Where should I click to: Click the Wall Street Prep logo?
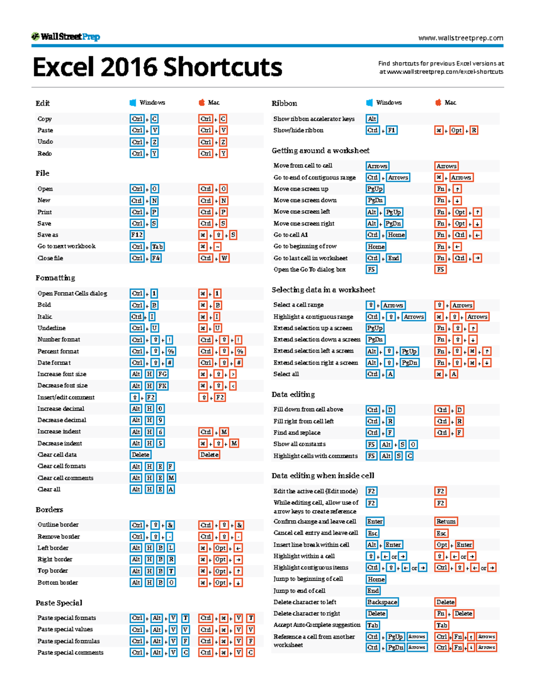coord(66,37)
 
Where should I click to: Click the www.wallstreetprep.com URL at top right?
coord(461,38)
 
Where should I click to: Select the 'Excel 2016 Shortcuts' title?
coord(157,67)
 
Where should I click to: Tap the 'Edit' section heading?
coord(43,104)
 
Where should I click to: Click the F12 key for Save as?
coord(137,235)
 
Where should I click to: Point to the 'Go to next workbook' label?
coord(66,246)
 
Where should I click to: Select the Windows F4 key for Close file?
coord(156,258)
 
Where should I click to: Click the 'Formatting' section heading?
coord(55,278)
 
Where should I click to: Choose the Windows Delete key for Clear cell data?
coord(140,455)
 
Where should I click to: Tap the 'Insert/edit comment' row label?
coord(66,397)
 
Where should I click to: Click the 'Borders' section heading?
coord(49,510)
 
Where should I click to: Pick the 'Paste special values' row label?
coord(65,629)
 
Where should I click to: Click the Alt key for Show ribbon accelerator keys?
coord(372,119)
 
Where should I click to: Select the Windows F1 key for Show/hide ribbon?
coord(391,130)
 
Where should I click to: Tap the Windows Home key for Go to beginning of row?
coord(376,247)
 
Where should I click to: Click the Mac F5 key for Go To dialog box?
coord(440,270)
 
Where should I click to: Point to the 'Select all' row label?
coord(286,374)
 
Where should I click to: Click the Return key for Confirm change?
coord(446,522)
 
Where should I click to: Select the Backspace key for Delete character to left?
coord(382,602)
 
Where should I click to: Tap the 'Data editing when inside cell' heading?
coord(323,476)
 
